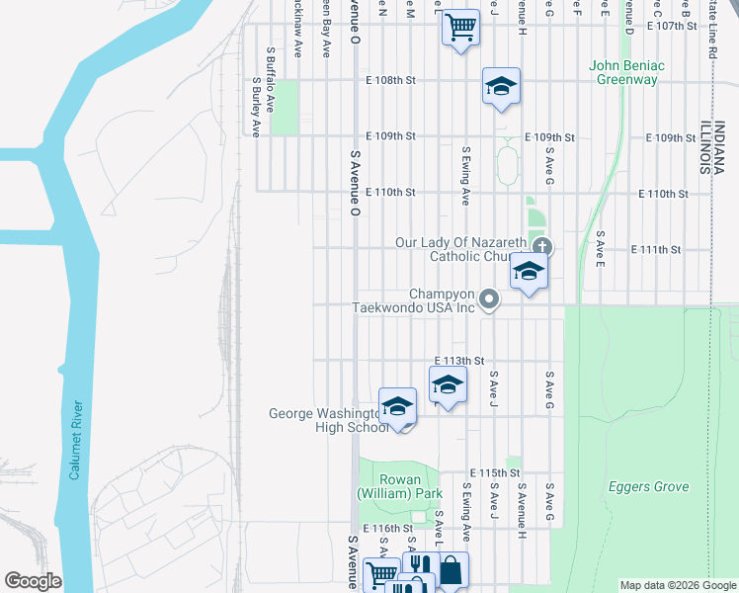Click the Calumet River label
75,441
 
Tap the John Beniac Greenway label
627,73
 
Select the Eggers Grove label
648,487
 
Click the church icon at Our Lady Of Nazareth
540,247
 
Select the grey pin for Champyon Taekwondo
487,297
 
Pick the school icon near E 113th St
448,383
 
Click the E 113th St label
459,361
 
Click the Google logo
33,581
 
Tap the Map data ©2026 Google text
677,585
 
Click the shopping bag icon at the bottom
452,569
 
